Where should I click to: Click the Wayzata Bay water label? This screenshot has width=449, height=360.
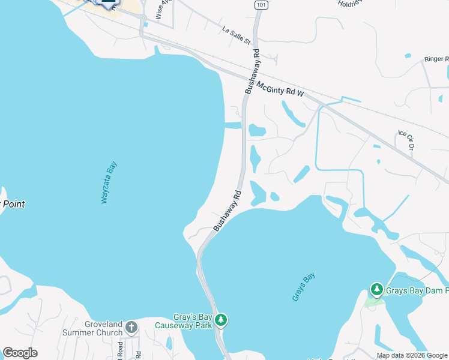coord(109,182)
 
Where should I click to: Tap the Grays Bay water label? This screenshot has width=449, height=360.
coord(304,287)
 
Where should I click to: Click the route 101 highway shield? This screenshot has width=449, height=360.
coord(261,5)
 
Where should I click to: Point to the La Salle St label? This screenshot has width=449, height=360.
coord(235,35)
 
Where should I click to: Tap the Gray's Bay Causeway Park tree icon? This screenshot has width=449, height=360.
coord(221,320)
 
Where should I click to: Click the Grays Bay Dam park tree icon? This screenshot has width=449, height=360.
coord(376,290)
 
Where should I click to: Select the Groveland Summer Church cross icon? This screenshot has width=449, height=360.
coord(131,328)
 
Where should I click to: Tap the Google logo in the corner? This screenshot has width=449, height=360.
coord(20,353)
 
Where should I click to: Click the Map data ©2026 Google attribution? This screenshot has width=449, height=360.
coord(412,355)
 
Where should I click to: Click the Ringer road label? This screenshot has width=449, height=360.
coord(436,59)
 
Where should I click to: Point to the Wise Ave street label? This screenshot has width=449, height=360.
coord(160,10)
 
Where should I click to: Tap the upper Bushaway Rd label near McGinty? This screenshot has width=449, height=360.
coord(252,71)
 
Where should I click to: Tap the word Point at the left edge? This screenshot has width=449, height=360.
coord(12,204)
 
